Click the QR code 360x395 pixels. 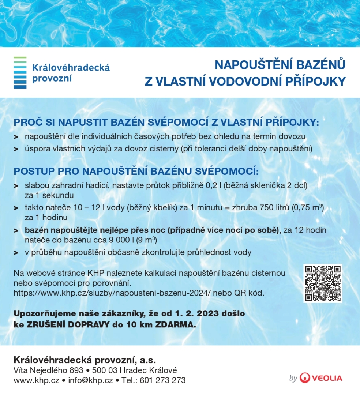(x=323, y=283)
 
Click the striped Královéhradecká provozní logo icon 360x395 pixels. (x=20, y=72)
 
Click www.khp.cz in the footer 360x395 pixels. (x=36, y=380)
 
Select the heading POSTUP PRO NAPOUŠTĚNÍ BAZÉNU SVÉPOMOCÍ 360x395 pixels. (x=136, y=171)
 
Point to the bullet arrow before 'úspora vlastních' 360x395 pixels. (x=16, y=149)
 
